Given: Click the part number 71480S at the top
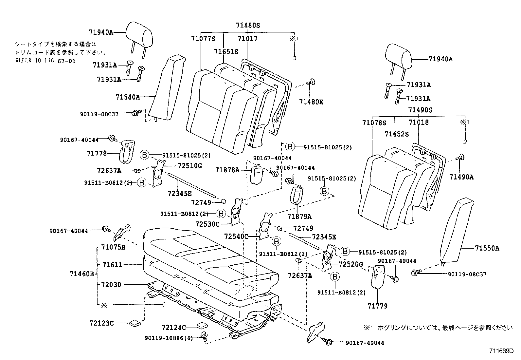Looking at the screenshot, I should tap(248, 25).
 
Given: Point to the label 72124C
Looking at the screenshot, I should tap(174, 327).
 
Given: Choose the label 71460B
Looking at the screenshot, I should tap(82, 274).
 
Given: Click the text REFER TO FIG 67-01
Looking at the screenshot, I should tap(45, 61).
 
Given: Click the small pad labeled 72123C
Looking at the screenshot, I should tap(135, 323).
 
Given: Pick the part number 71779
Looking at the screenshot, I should tap(377, 306).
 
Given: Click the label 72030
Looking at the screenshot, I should tap(111, 285).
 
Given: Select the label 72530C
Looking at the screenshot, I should tap(207, 224).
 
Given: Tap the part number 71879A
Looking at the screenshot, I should tap(299, 217).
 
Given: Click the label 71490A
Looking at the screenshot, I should tap(461, 177).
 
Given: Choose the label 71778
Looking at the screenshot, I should tap(97, 153).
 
